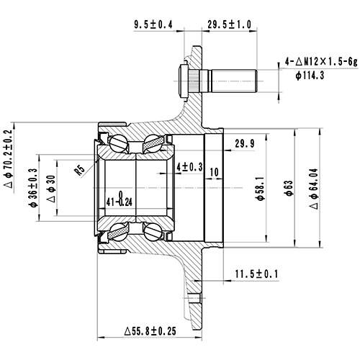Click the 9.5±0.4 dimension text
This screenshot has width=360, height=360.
pyautogui.click(x=153, y=24)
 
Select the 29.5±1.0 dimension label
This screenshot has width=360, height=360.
pyautogui.click(x=228, y=24)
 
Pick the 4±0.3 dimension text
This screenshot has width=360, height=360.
pyautogui.click(x=189, y=167)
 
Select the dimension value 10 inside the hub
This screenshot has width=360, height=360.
pyautogui.click(x=217, y=172)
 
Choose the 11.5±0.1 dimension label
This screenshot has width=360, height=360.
pyautogui.click(x=257, y=274)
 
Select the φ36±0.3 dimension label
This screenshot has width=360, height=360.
pyautogui.click(x=33, y=188)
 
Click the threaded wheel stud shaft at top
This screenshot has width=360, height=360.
pyautogui.click(x=230, y=76)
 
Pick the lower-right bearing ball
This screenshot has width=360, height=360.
pyautogui.click(x=153, y=232)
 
